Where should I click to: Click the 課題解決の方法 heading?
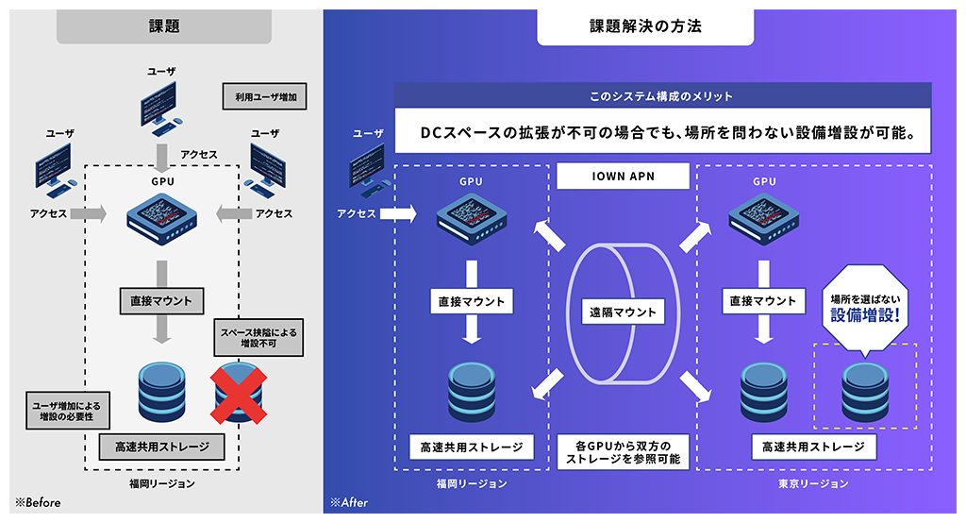pos(645,27)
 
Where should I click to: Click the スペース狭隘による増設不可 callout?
pos(257,338)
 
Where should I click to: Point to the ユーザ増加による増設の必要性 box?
pos(59,409)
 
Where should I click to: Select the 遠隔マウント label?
pos(623,312)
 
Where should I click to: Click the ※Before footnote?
pos(38,502)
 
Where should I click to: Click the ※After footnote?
pos(348,502)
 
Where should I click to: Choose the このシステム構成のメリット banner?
pos(662,96)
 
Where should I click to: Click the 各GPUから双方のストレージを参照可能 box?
pos(623,451)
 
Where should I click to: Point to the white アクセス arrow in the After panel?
pos(396,214)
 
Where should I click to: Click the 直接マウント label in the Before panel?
pos(161,302)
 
